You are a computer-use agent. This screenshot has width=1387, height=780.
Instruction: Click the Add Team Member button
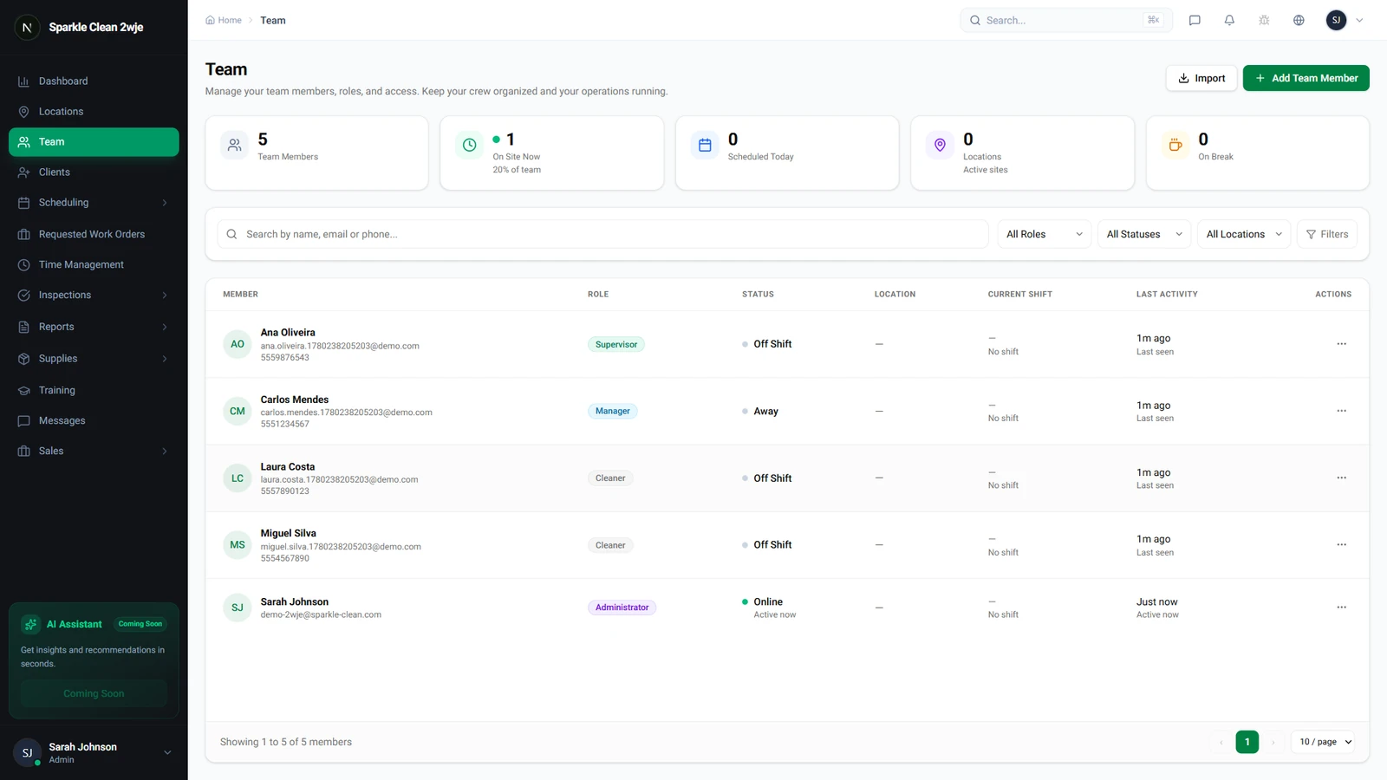coord(1306,78)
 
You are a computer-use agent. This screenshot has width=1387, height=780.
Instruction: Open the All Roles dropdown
coord(1044,234)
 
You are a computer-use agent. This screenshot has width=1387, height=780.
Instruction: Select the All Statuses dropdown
coord(1143,234)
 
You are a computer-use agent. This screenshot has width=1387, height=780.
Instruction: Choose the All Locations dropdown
coord(1243,234)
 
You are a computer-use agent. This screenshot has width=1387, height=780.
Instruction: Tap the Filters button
coord(1327,234)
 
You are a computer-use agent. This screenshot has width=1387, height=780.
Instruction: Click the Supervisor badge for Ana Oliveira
coord(616,344)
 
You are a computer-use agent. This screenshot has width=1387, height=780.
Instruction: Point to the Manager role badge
coord(612,411)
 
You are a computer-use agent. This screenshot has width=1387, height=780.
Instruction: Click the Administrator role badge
coord(622,608)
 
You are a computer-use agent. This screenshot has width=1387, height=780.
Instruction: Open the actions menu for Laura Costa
coord(1341,478)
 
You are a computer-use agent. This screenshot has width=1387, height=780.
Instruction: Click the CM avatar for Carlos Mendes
coord(238,411)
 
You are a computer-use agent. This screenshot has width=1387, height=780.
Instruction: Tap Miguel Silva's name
coord(288,533)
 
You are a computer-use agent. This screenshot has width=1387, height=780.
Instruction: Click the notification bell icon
coord(1229,21)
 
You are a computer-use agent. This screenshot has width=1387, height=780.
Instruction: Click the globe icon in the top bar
coord(1299,21)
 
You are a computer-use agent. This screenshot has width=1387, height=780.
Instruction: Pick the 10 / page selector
coord(1323,742)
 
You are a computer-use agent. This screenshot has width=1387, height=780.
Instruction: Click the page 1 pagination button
coord(1247,742)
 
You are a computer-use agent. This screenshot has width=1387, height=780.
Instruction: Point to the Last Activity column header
coord(1167,294)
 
